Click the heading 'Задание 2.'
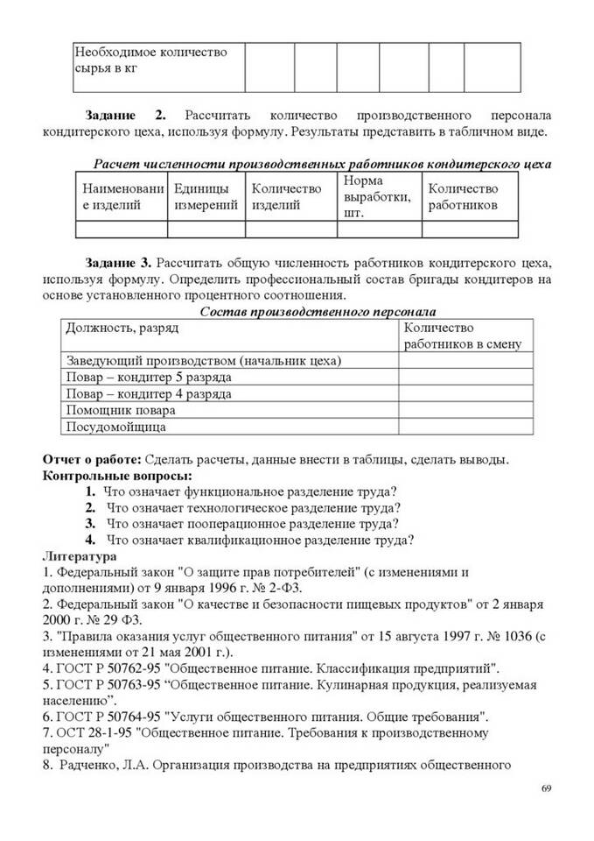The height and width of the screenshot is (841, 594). tap(125, 116)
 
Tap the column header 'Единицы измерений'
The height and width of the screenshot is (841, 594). tap(206, 196)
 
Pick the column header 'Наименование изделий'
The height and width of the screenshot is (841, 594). tap(122, 196)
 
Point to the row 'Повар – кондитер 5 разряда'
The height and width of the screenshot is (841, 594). tap(150, 377)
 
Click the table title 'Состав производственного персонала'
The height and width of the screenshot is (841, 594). tap(318, 311)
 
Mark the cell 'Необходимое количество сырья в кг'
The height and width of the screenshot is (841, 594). tap(150, 60)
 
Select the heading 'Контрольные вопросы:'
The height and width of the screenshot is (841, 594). tap(107, 475)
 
